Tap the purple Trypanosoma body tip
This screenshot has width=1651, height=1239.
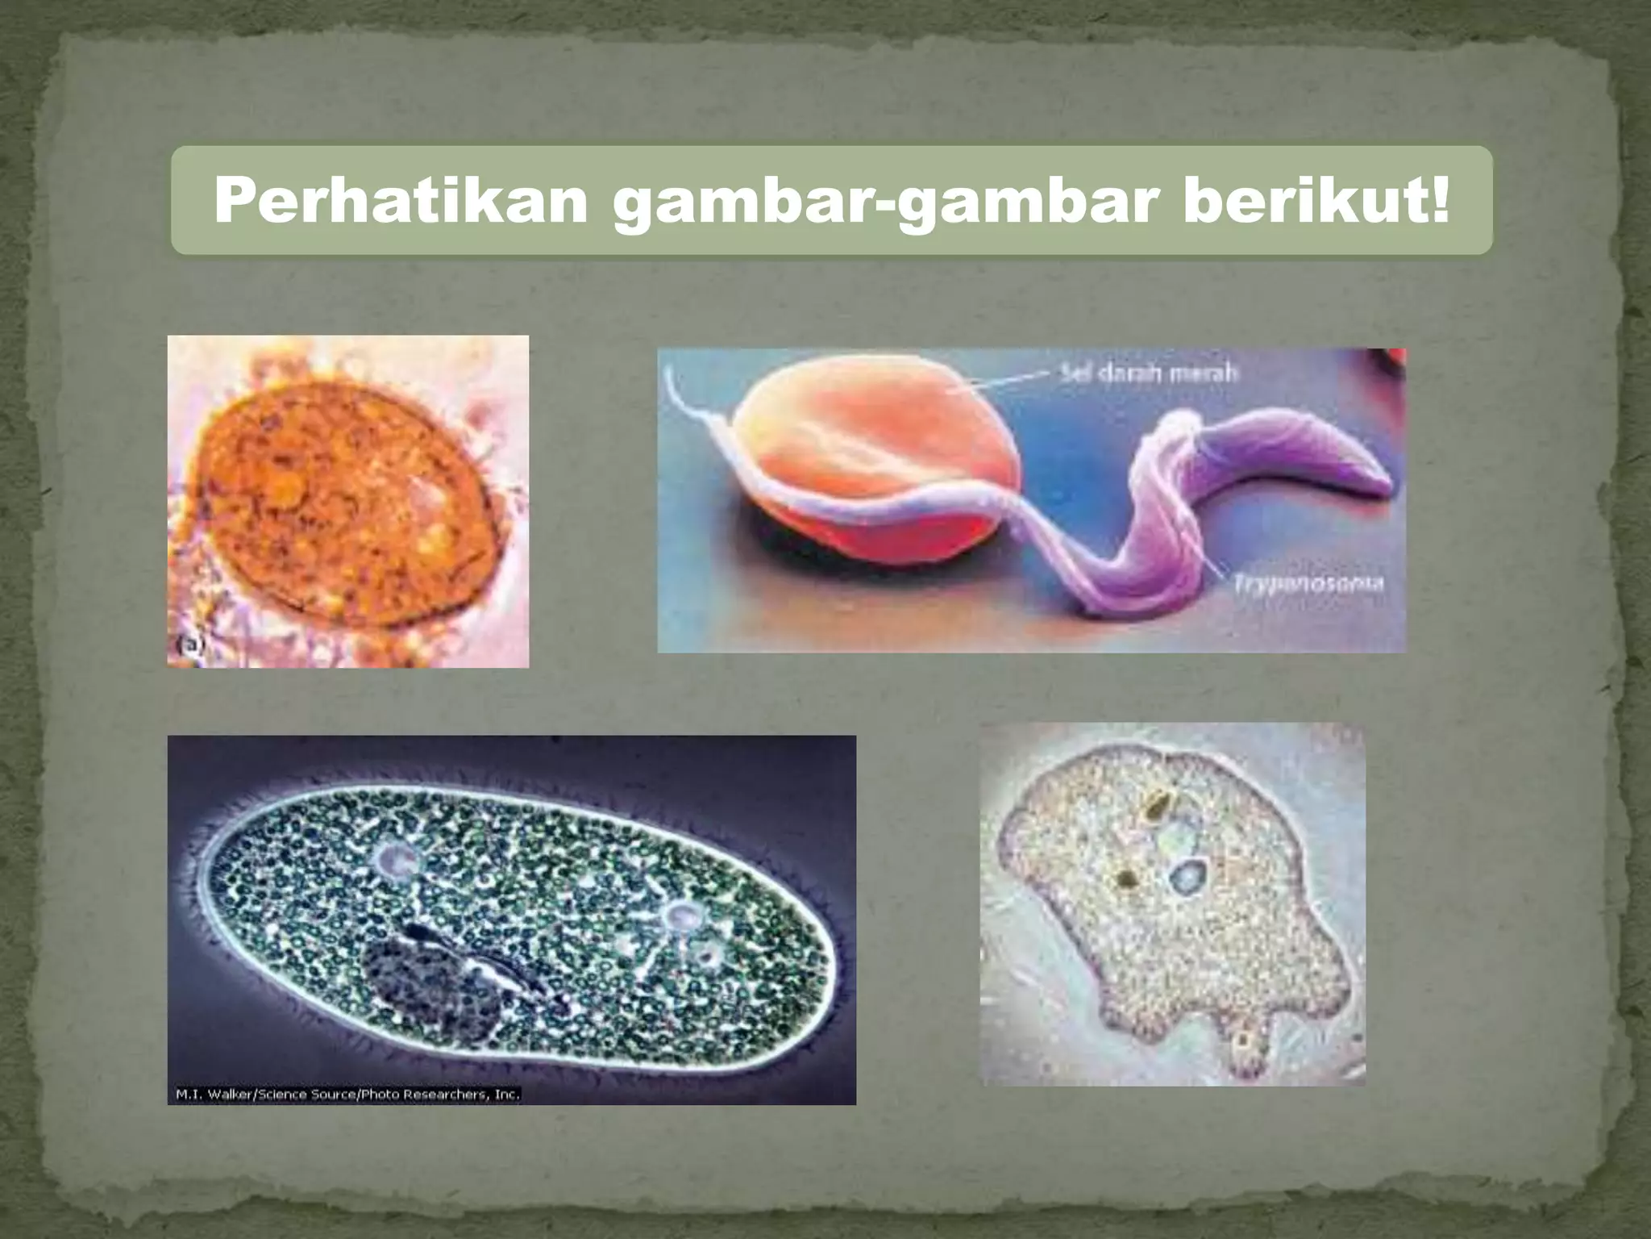click(x=1383, y=484)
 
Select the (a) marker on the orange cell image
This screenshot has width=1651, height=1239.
click(x=190, y=644)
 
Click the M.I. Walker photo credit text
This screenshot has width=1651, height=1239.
click(x=347, y=1095)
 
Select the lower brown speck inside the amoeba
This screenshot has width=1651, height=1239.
click(x=1125, y=878)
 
